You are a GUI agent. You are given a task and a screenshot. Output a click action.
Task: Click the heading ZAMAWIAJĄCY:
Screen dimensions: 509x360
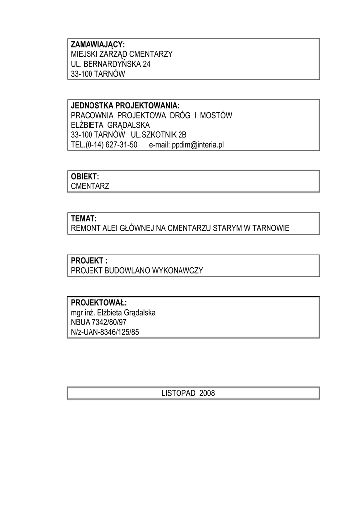pos(97,44)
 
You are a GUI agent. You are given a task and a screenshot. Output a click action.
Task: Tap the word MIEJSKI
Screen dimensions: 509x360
pos(84,54)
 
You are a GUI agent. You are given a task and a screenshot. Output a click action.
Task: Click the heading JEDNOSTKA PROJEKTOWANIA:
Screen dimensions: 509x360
pos(125,106)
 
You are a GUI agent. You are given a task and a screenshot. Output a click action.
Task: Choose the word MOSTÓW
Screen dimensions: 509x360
pos(218,116)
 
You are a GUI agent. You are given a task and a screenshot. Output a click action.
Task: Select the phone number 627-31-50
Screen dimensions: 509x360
pos(122,145)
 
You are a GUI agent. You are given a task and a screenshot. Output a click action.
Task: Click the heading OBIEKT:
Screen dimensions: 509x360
pos(85,177)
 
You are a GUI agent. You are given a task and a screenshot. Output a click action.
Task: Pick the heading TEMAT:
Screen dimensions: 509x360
pos(84,219)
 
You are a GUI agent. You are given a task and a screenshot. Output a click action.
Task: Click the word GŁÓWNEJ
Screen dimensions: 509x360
pos(142,229)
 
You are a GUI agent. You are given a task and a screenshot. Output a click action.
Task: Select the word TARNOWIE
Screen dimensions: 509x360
pos(271,229)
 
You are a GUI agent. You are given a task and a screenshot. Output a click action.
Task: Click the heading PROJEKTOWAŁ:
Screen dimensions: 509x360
pos(98,303)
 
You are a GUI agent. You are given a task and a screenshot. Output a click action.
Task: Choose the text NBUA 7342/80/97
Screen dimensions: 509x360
pos(98,323)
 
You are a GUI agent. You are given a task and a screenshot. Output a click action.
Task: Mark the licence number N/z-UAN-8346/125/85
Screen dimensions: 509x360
pos(105,333)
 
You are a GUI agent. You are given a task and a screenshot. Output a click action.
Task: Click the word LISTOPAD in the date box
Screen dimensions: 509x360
pos(179,393)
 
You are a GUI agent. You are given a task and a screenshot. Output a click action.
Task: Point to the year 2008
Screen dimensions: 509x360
pos(207,393)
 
